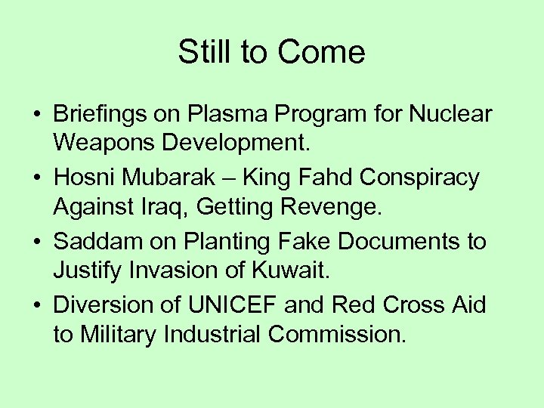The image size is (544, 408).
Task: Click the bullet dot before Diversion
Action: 36,305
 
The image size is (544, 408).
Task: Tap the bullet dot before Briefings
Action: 36,116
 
